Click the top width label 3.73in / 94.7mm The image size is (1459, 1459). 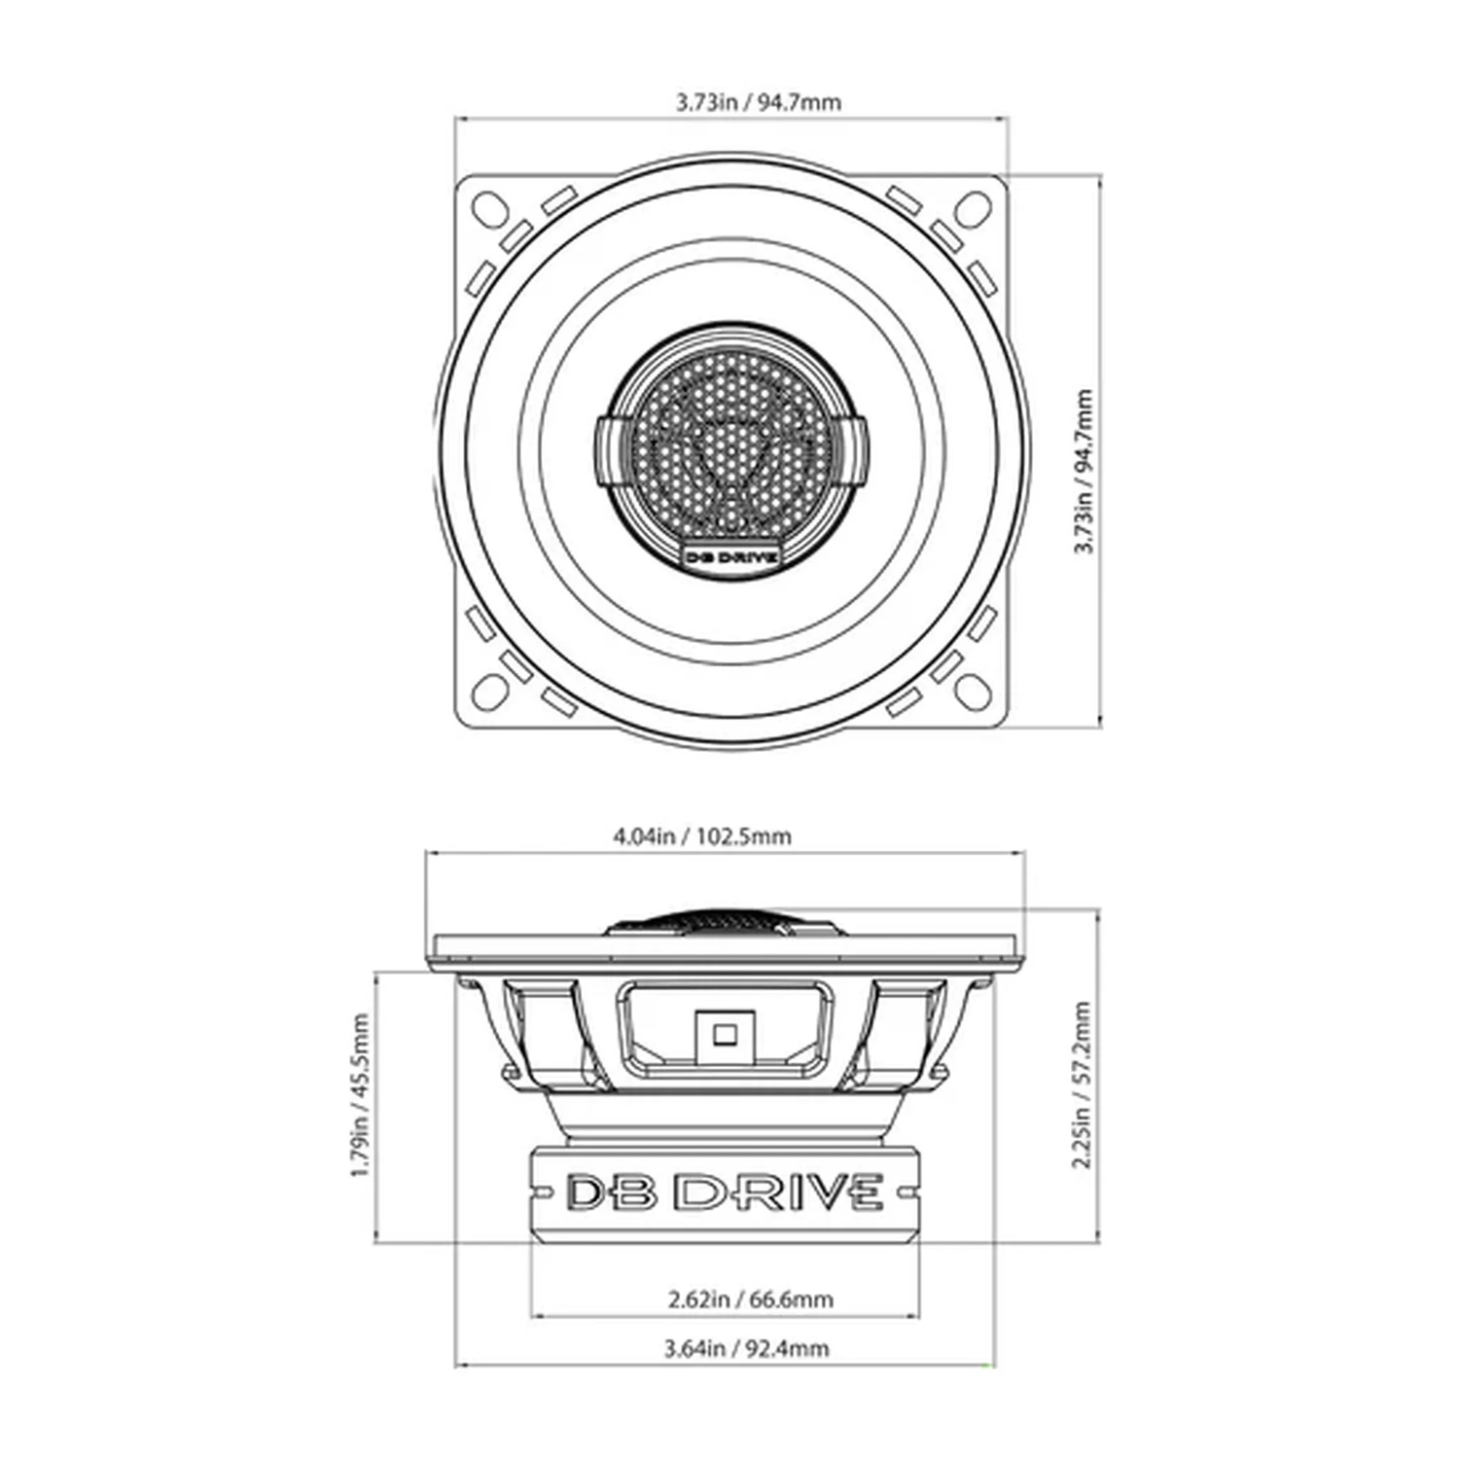click(758, 102)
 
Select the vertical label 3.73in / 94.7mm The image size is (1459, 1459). click(1083, 472)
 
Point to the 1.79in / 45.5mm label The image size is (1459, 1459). click(360, 1094)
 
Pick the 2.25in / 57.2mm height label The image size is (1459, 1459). click(1081, 1085)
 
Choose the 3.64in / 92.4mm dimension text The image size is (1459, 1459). click(746, 1348)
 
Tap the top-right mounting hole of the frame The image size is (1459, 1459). click(974, 206)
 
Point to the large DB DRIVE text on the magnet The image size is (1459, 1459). click(725, 1192)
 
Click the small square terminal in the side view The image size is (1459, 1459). click(723, 1034)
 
